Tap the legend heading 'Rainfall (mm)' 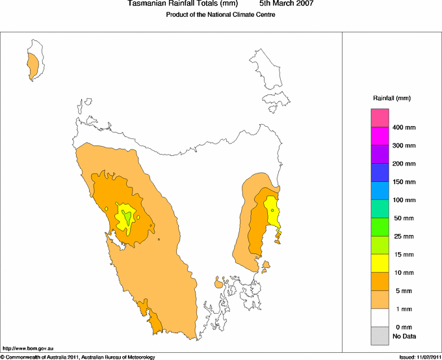click(392, 98)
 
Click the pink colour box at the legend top click(380, 118)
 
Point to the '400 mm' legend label click(403, 127)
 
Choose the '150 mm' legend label click(403, 182)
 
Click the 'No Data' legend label click(404, 336)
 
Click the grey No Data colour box click(380, 336)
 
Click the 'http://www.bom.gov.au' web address click(28, 349)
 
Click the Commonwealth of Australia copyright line click(78, 357)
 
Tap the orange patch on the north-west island click(32, 64)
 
